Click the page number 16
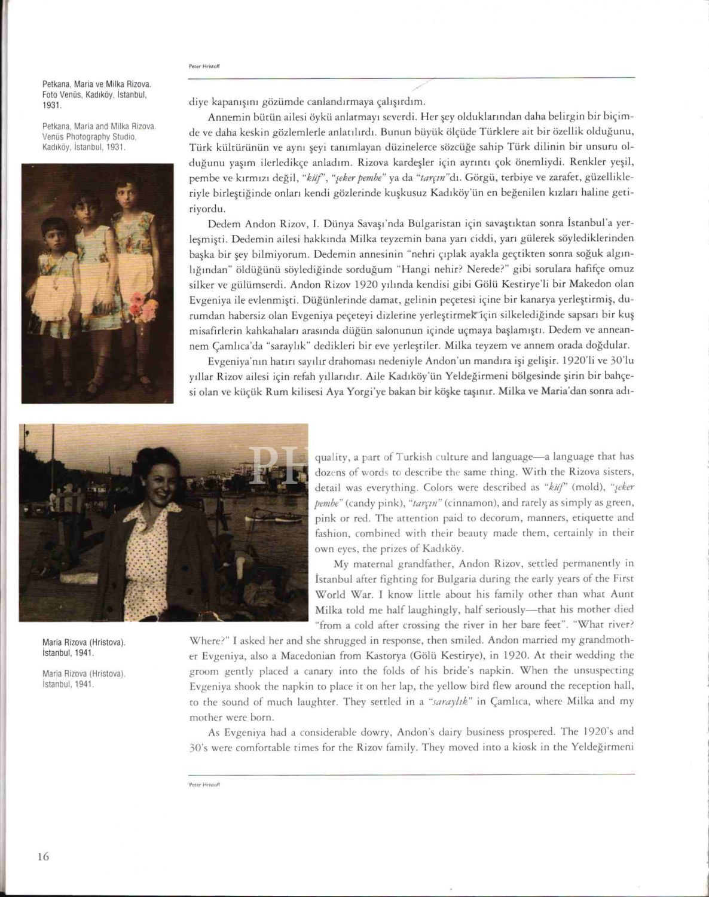tap(43, 856)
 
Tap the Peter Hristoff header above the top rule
tap(204, 67)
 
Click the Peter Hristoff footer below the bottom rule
tap(204, 783)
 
